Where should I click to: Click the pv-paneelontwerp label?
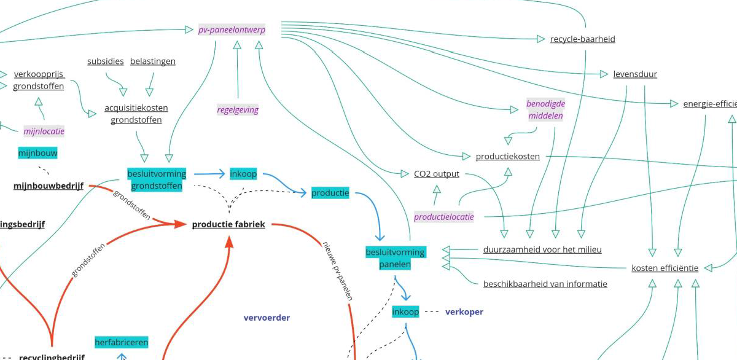232,29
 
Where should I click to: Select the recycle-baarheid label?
582,39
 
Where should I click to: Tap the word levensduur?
635,74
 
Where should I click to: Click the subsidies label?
105,61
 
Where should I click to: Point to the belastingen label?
152,61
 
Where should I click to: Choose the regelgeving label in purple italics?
238,110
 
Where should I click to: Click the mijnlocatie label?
44,131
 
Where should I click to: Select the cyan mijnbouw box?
38,153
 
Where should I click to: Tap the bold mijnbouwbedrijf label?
49,186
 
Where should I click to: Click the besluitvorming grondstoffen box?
157,179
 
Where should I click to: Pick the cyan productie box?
330,193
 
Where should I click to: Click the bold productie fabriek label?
228,224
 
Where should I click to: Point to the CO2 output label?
437,174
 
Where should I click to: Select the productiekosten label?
507,157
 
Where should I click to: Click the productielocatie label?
443,217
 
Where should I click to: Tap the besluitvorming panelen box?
395,258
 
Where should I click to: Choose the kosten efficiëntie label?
665,268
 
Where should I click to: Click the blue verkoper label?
464,312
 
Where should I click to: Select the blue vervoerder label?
267,318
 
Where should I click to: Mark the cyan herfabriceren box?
122,342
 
